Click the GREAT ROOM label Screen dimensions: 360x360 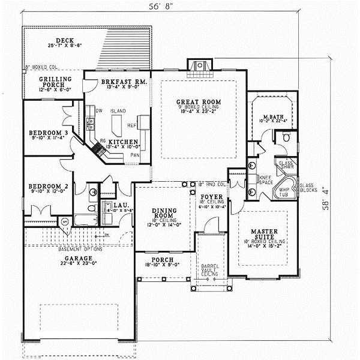[x=199, y=103]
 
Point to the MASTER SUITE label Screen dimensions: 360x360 [x=263, y=232]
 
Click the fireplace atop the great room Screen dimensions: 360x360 [x=196, y=65]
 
